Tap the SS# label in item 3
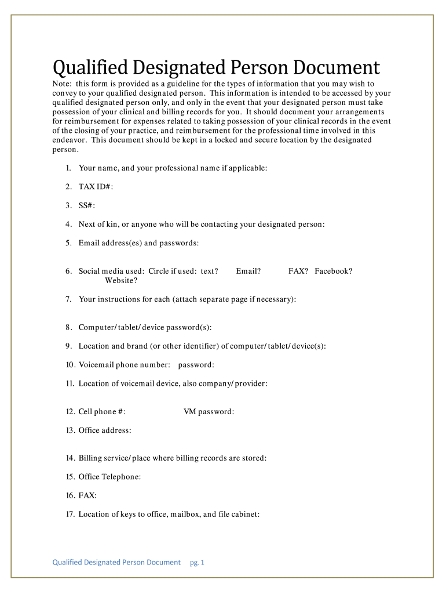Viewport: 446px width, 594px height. pyautogui.click(x=87, y=205)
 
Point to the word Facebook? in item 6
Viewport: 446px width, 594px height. pyautogui.click(x=334, y=271)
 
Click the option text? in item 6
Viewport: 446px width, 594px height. pyautogui.click(x=209, y=271)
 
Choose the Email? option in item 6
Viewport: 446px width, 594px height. pyautogui.click(x=248, y=271)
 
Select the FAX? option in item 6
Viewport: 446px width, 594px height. pyautogui.click(x=298, y=271)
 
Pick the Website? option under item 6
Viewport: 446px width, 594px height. pyautogui.click(x=121, y=281)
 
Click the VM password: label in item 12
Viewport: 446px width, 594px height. pyautogui.click(x=209, y=412)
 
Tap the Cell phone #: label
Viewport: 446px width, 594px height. pyautogui.click(x=103, y=412)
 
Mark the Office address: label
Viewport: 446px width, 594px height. pyautogui.click(x=105, y=430)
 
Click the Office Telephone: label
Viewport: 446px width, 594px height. pyautogui.click(x=110, y=477)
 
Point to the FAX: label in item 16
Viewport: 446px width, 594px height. pyautogui.click(x=88, y=495)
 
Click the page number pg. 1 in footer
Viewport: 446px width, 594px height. pyautogui.click(x=198, y=563)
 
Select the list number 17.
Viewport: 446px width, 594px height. pyautogui.click(x=70, y=514)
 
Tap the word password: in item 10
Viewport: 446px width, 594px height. pyautogui.click(x=196, y=365)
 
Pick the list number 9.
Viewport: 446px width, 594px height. pyautogui.click(x=68, y=346)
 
